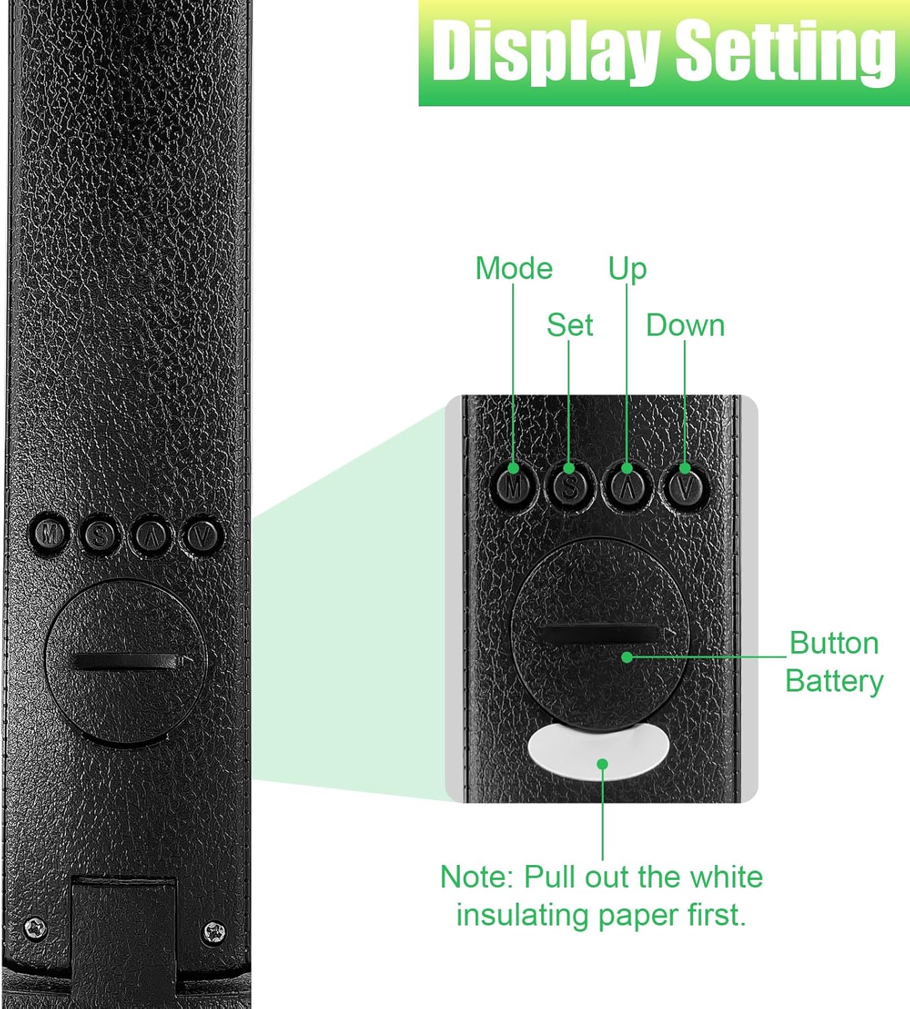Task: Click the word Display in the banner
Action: (546, 50)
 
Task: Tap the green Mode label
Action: (514, 268)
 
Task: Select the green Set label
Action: (569, 325)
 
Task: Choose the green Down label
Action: (685, 326)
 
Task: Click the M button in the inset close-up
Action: (514, 486)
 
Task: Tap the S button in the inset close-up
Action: (569, 486)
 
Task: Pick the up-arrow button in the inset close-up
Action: (627, 486)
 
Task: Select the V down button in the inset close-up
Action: (685, 486)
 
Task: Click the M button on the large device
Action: (49, 533)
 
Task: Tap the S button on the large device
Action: (100, 535)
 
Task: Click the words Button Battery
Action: (834, 662)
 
